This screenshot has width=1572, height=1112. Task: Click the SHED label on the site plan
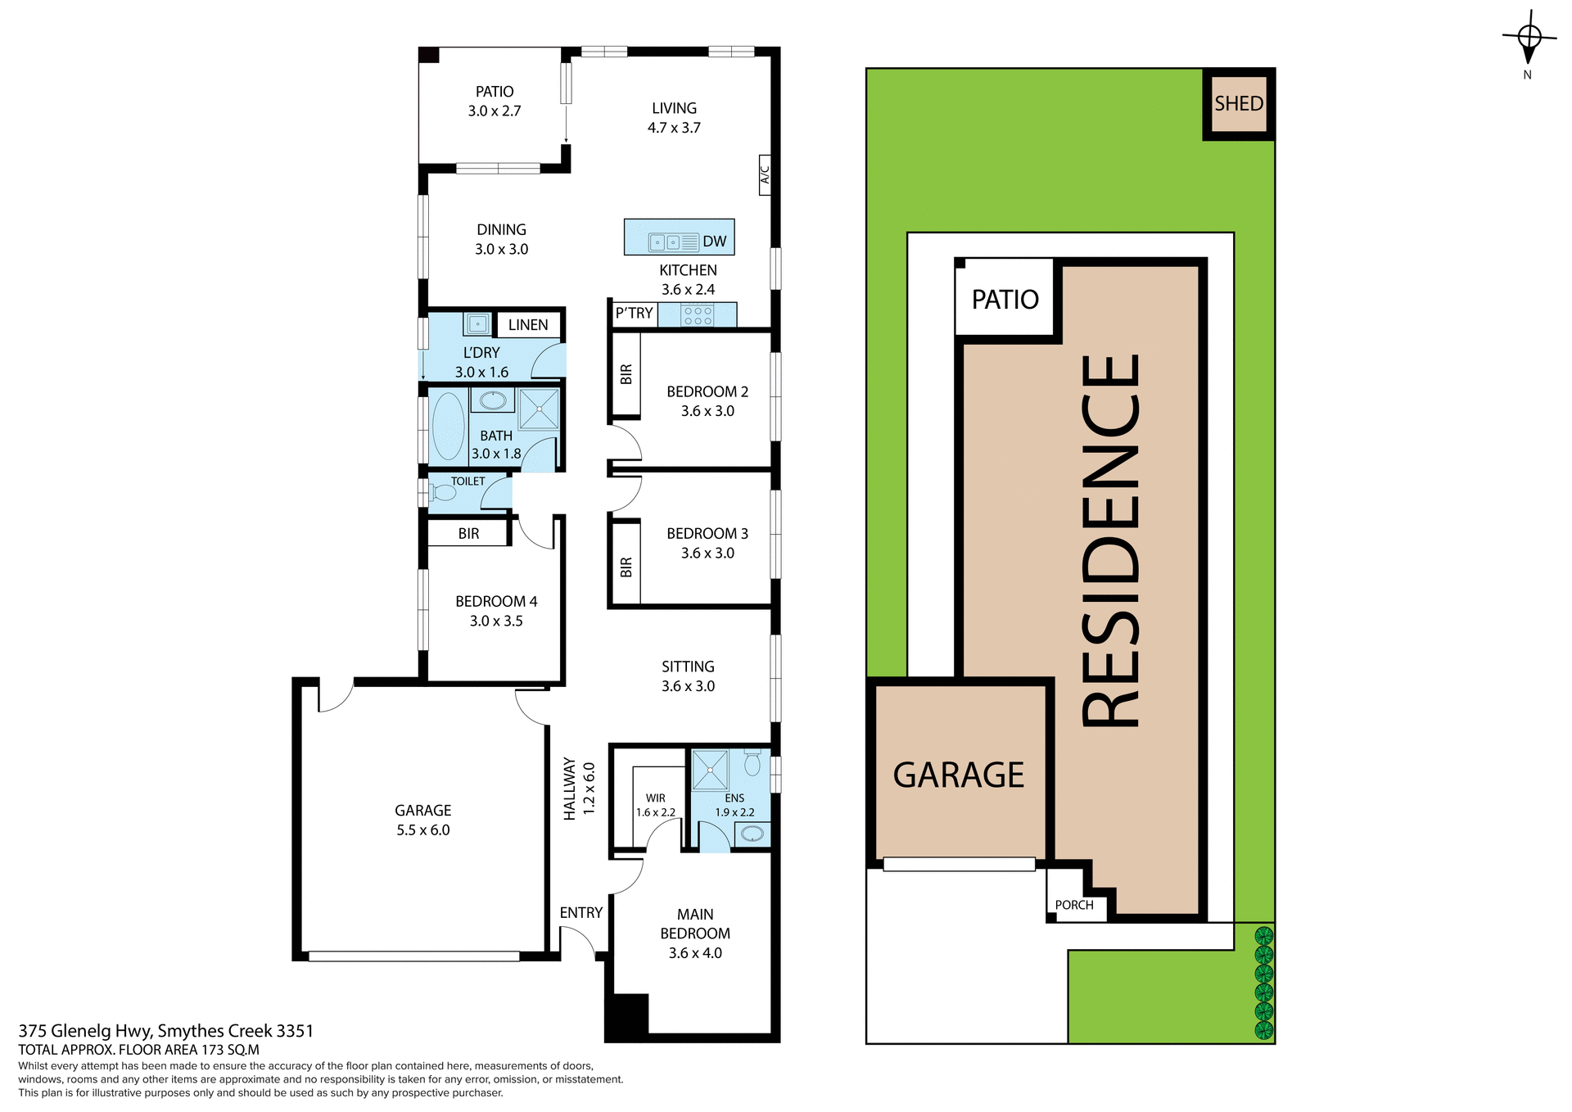(x=1238, y=104)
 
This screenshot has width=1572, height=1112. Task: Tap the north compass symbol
(x=1529, y=39)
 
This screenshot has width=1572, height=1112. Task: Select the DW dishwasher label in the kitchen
(x=714, y=242)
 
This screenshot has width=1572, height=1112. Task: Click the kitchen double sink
(x=664, y=242)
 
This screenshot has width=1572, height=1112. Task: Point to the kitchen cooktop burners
(x=697, y=315)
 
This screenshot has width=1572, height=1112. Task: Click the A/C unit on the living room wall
(x=765, y=174)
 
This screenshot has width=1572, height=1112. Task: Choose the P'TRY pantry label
(x=634, y=314)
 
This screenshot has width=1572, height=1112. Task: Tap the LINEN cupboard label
(x=528, y=325)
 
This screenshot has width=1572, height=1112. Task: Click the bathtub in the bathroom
(x=448, y=426)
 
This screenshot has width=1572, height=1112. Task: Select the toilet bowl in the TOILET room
(x=442, y=493)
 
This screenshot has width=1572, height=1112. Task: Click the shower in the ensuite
(x=710, y=770)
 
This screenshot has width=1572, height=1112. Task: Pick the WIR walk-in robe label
(x=656, y=798)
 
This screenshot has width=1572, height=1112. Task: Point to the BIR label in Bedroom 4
(x=468, y=534)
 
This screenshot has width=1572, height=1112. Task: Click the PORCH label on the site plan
(x=1074, y=905)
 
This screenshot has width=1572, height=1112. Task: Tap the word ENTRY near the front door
(x=580, y=913)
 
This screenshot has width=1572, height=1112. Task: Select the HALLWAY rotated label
(x=570, y=789)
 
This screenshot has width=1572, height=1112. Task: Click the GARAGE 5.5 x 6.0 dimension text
(x=423, y=830)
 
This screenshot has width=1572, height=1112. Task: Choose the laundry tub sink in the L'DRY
(x=477, y=323)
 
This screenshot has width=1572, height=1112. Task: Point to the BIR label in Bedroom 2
(x=626, y=374)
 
